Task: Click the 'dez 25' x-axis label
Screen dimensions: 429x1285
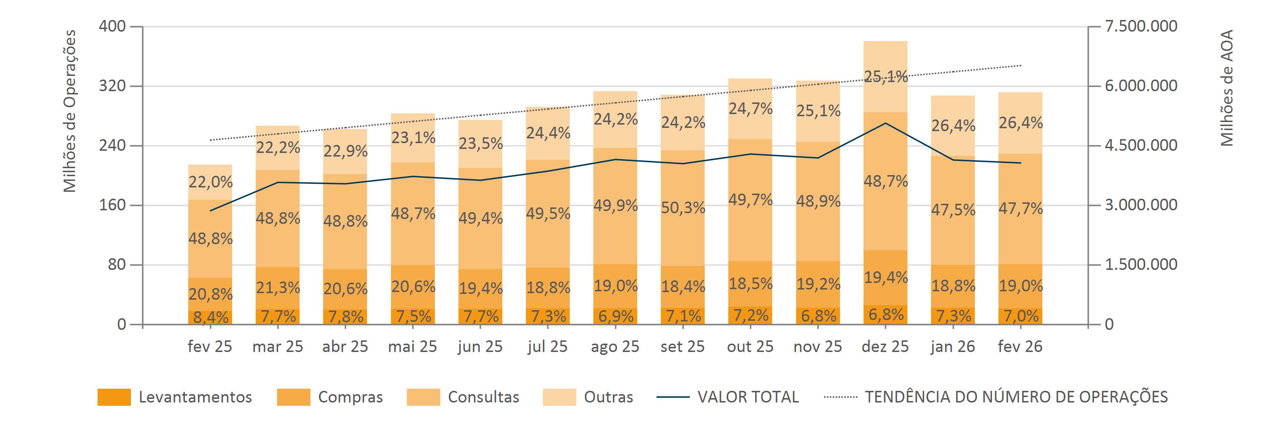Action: coord(885,347)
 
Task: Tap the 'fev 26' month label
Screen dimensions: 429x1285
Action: coord(1020,347)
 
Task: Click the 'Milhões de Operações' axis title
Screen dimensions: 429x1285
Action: coord(70,111)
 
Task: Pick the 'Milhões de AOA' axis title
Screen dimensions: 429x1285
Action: coord(1227,88)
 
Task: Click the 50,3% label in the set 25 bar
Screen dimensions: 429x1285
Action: coord(683,207)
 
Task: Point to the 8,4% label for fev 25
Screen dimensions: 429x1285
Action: coord(210,317)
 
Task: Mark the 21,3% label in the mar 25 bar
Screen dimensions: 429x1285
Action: coord(278,288)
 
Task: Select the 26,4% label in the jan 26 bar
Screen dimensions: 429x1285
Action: coord(953,126)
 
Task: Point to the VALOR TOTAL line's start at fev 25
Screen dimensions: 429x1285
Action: coord(210,211)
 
